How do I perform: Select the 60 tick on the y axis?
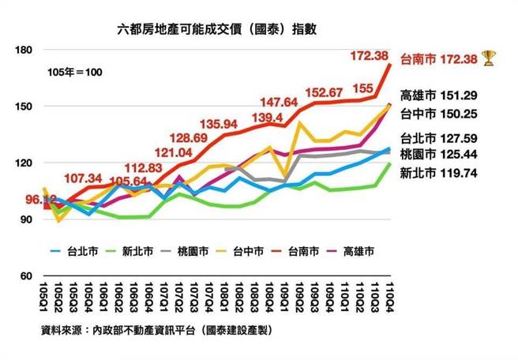pyautogui.click(x=24, y=276)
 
